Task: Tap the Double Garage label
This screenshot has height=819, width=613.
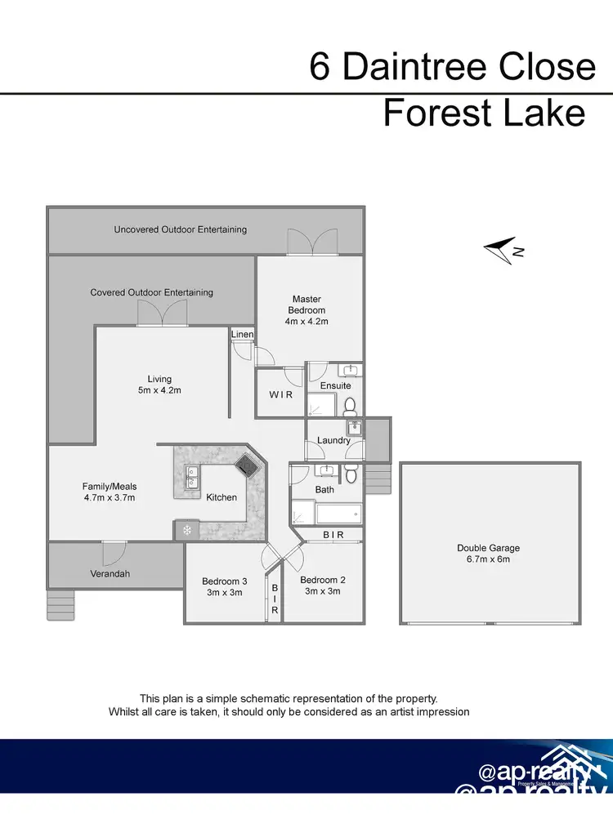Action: coord(488,548)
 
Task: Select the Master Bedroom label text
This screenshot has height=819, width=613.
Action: coord(306,305)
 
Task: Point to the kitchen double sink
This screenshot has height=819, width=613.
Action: coord(191,477)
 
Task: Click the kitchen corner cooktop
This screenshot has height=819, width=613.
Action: coord(245,465)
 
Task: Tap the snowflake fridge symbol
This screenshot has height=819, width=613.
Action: coord(186,530)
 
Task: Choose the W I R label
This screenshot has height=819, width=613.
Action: coord(280,394)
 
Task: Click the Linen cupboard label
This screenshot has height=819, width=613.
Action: coord(242,335)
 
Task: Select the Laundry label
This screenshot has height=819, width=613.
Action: coord(333,440)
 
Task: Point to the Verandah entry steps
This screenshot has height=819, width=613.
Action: coord(60,606)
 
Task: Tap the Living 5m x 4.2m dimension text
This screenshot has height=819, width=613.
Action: coord(159,390)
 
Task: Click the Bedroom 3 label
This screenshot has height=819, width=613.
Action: coord(222,581)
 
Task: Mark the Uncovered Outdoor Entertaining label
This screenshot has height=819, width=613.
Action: coord(180,229)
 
